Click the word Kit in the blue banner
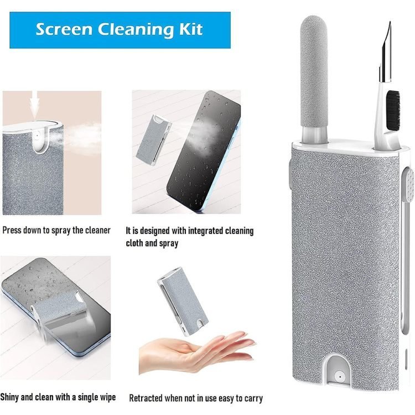click(x=191, y=29)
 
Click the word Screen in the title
click(x=65, y=29)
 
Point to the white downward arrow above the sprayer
click(x=35, y=104)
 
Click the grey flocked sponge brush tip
click(x=314, y=71)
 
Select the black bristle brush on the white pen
click(x=393, y=110)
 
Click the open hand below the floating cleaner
click(x=196, y=351)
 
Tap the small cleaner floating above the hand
click(x=183, y=301)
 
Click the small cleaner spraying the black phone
click(x=153, y=140)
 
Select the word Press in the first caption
click(x=12, y=230)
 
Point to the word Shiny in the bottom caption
click(x=9, y=397)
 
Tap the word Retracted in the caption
click(x=146, y=398)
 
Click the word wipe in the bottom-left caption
click(x=107, y=397)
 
